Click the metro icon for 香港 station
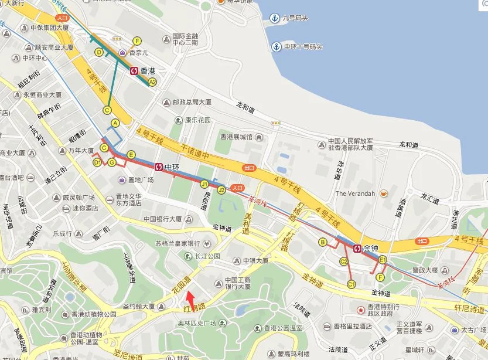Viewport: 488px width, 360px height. coord(134,70)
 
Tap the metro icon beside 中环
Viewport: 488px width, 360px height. coord(159,167)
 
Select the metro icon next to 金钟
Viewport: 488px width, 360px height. coord(357,247)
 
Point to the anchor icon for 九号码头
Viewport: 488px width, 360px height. coord(273,18)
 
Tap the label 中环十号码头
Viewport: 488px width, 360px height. coord(303,46)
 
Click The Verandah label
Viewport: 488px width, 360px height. coord(354,193)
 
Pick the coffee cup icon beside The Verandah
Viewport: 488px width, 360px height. coord(384,193)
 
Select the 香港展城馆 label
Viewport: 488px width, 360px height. coord(236,137)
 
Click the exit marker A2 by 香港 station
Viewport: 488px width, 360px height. coord(152,82)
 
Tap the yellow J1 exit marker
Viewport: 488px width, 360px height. coord(204,184)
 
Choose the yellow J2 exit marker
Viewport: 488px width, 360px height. coord(221,190)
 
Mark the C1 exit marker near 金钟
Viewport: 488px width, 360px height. coord(352,284)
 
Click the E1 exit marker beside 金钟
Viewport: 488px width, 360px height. coord(383,259)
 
